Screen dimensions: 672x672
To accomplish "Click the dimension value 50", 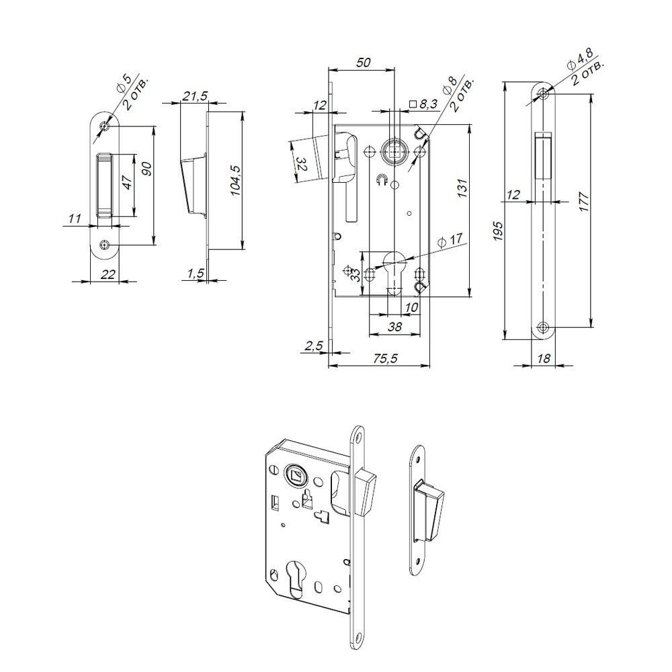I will coord(363,62).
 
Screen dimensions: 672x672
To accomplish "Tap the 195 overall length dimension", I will coord(498,230).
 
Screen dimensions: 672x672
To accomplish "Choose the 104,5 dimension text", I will coord(235,181).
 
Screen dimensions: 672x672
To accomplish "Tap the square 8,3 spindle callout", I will coord(423,104).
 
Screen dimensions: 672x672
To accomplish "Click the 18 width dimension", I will coord(544,359).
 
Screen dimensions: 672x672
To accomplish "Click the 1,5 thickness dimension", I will coord(196,272).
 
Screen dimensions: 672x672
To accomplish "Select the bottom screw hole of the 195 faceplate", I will coord(544,327).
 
